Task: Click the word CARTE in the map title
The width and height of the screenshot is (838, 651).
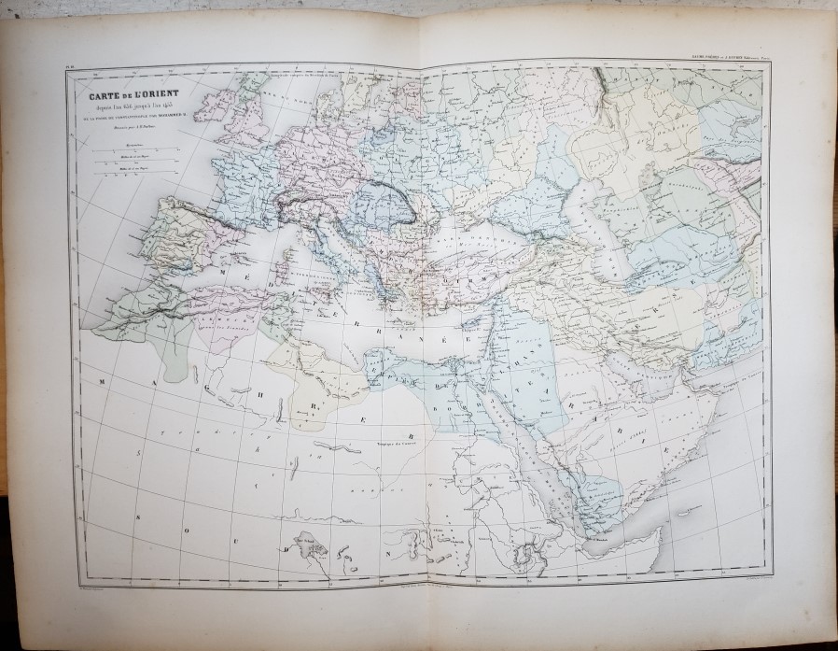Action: pos(101,93)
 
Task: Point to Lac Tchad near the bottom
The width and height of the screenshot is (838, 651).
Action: pos(305,541)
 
